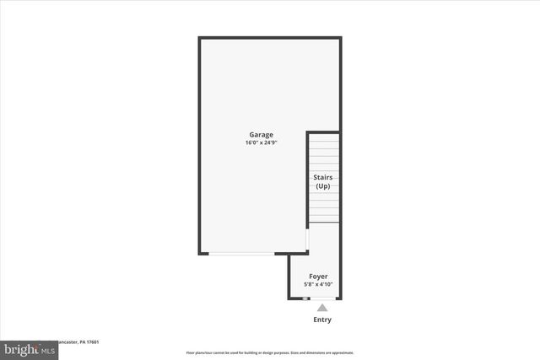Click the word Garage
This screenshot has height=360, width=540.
click(x=261, y=135)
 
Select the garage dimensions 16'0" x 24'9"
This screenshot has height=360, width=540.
click(x=261, y=143)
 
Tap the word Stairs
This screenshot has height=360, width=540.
click(x=323, y=178)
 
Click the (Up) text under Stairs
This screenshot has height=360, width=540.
click(x=323, y=186)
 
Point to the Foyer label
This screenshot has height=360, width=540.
click(x=318, y=277)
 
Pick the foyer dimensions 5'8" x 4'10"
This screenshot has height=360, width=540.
click(x=318, y=285)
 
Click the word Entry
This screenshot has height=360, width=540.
click(x=322, y=320)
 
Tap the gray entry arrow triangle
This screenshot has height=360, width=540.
click(x=322, y=308)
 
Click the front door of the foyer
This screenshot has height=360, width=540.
click(x=321, y=298)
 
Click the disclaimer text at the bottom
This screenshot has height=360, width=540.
click(x=269, y=352)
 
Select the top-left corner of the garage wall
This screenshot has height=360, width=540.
click(x=200, y=38)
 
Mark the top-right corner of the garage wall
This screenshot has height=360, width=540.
click(x=340, y=38)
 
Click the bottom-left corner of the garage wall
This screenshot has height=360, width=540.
click(x=200, y=253)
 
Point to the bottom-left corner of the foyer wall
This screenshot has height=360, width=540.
click(x=289, y=298)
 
